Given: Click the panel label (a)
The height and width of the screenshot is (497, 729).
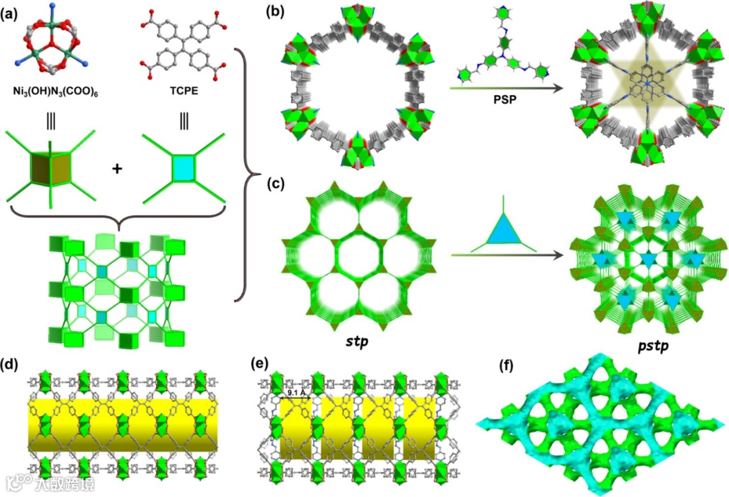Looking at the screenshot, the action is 16,11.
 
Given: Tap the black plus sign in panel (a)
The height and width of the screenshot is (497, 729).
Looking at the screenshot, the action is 118,168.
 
